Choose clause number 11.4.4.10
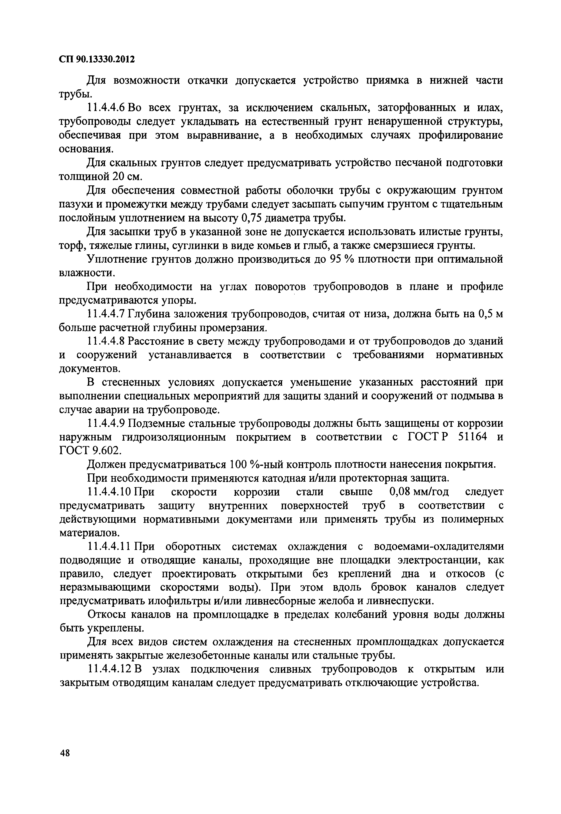coord(109,492)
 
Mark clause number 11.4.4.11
coord(109,547)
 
